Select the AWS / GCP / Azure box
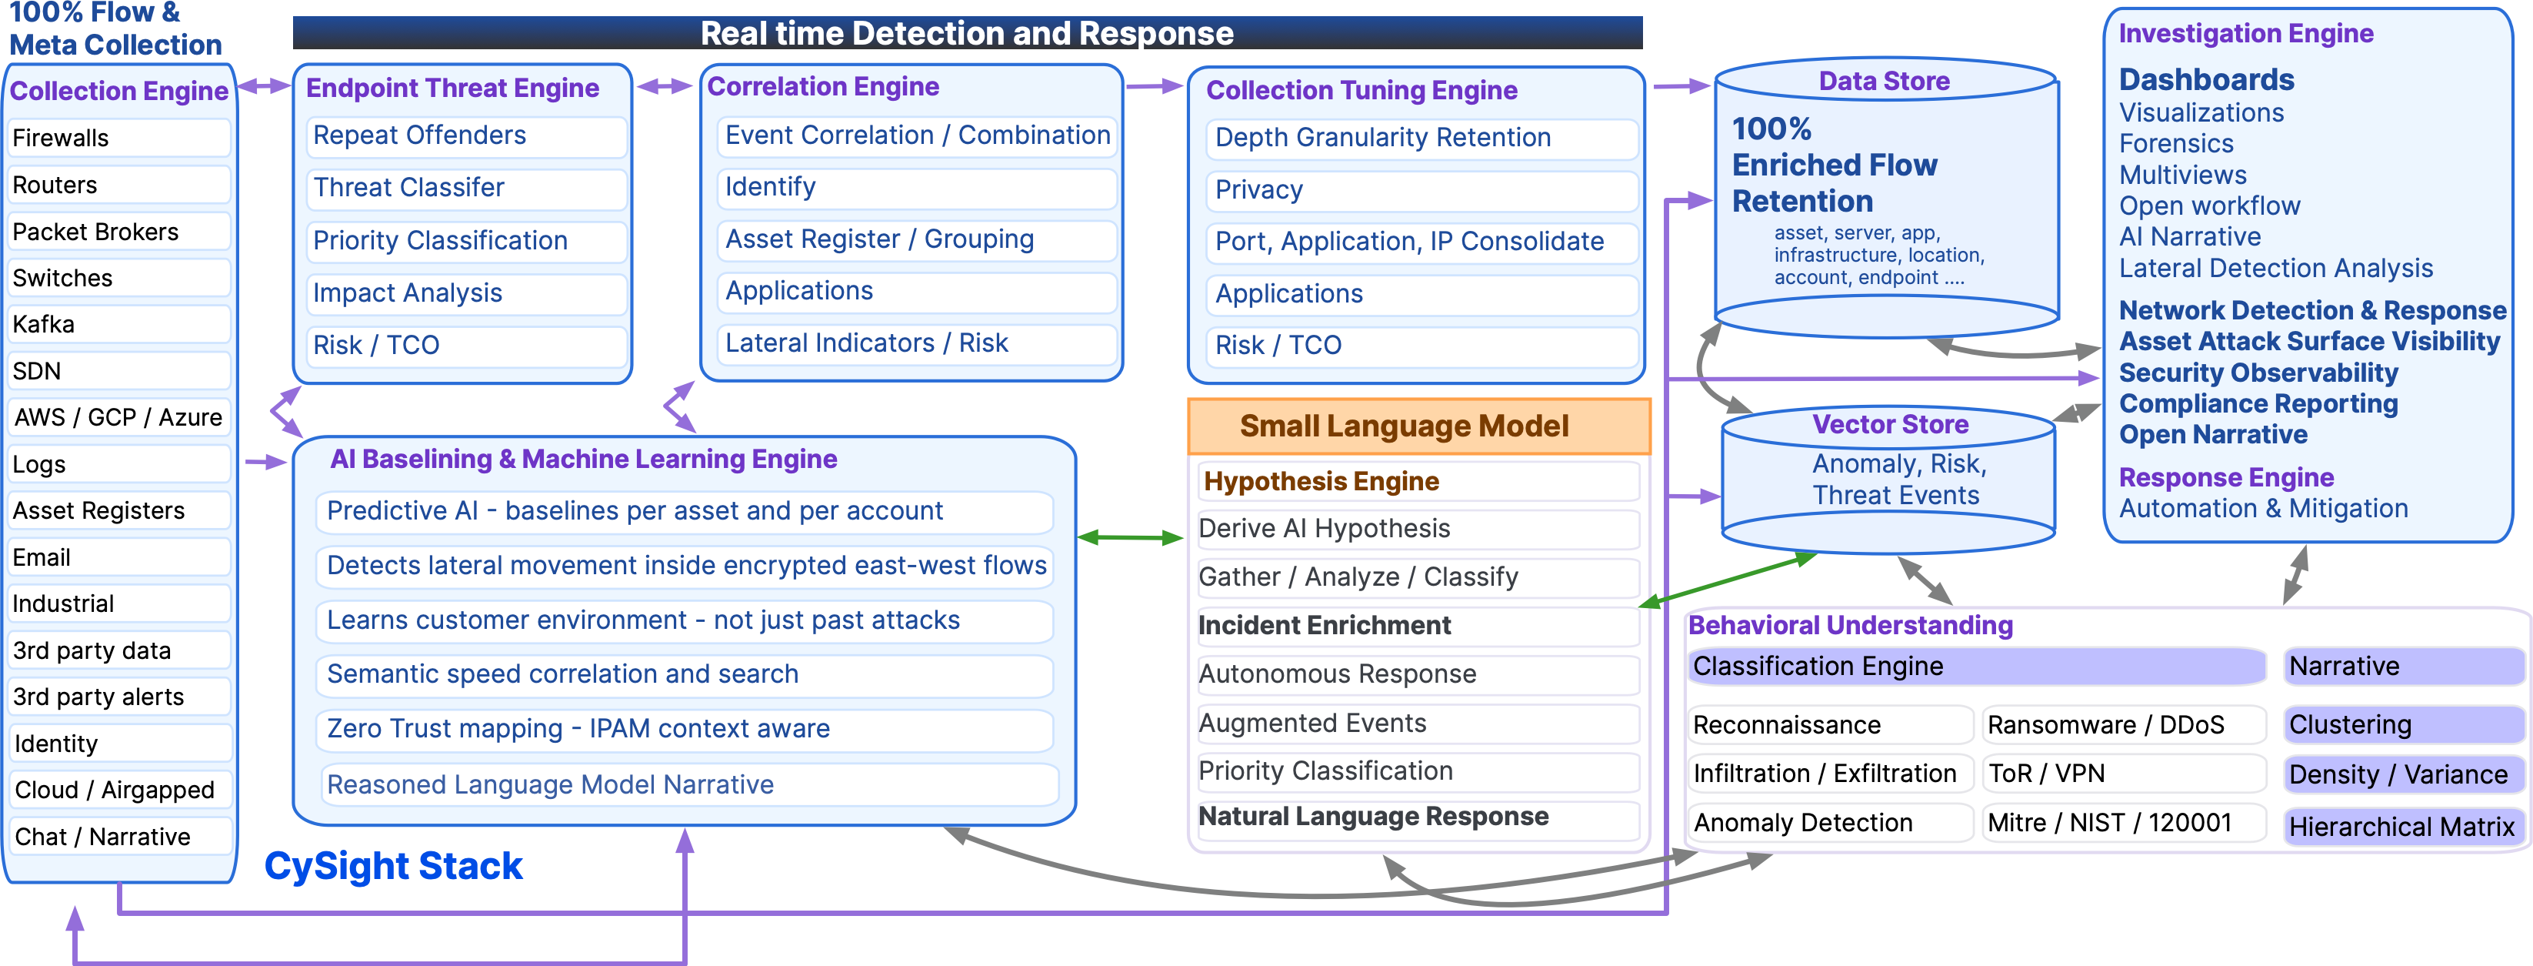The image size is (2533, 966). coord(118,417)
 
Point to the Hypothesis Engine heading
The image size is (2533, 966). coord(1321,482)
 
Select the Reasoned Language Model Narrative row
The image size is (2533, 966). coord(688,785)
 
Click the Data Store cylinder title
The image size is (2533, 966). coord(1883,82)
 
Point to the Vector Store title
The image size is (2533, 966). coord(1889,425)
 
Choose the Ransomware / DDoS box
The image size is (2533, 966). coord(2122,726)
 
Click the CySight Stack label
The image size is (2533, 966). coord(392,867)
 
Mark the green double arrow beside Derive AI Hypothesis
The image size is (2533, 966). coord(1130,537)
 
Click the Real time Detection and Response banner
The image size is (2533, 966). coord(967,32)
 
